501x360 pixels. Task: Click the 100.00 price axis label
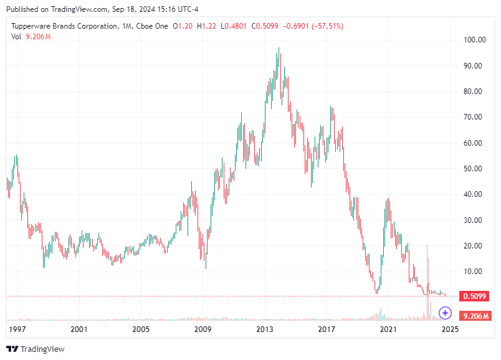474,40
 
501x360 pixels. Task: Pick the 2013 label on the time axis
265,329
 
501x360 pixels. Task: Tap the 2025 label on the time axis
450,329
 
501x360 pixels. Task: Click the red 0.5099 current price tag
474,296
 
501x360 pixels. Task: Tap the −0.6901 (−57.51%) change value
313,26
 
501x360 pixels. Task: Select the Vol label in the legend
16,36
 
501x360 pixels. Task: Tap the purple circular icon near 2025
445,313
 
